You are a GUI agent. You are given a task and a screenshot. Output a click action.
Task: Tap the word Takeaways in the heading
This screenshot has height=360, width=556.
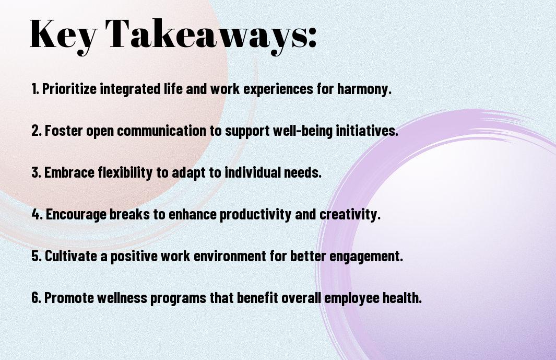coord(202,35)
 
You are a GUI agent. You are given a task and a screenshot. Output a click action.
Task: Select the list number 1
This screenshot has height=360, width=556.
coord(35,89)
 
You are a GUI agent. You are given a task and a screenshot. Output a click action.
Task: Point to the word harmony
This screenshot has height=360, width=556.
coord(364,89)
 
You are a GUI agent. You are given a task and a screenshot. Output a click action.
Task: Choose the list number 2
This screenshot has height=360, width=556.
coord(37,131)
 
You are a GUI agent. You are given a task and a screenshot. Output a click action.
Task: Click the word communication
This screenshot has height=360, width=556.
coord(161,131)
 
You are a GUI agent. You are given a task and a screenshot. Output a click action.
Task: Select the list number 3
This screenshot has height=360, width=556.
coord(37,172)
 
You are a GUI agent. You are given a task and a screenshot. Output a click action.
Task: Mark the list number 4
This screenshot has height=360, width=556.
coord(37,214)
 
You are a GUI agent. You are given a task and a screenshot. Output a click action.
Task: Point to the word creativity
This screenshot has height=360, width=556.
coord(350,214)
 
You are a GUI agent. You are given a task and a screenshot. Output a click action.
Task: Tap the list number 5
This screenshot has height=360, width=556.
coord(37,256)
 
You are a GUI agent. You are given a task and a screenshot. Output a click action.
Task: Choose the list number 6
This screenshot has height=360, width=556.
coord(37,298)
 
